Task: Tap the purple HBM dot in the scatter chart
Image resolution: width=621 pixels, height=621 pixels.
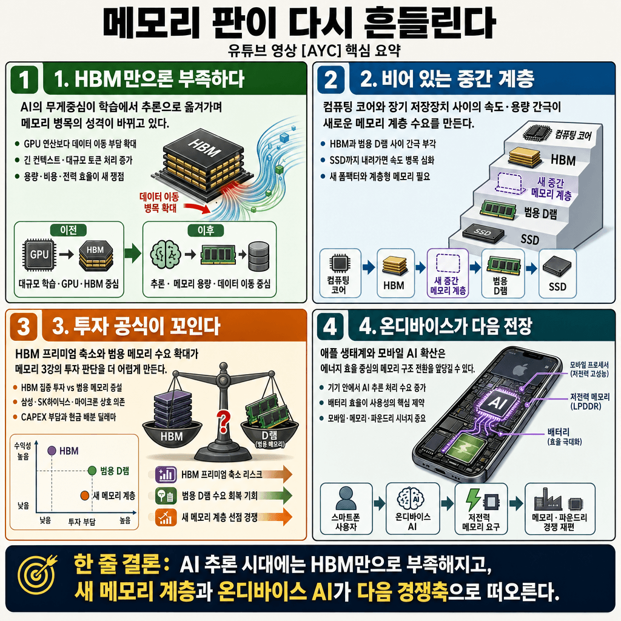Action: (x=52, y=451)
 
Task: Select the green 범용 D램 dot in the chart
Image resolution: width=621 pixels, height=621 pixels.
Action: (x=92, y=471)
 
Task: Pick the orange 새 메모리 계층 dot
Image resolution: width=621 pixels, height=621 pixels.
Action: (x=84, y=495)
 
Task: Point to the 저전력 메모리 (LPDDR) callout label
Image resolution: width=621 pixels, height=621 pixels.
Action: (x=588, y=400)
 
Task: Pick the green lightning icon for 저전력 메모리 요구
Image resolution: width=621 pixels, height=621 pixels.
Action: (x=472, y=500)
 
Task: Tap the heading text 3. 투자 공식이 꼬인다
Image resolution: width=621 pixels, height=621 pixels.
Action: (x=136, y=327)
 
